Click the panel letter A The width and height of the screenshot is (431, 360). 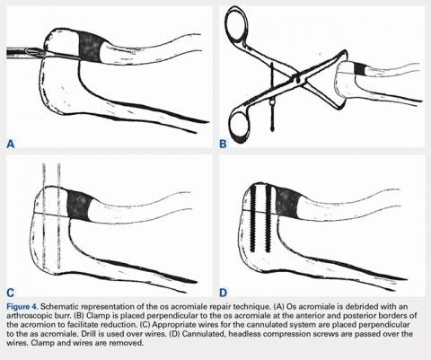point(11,144)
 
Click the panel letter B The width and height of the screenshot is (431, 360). point(223,144)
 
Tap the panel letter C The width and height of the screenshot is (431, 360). point(11,292)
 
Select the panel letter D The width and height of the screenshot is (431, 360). point(224,292)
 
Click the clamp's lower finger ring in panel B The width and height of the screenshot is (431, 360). point(241,127)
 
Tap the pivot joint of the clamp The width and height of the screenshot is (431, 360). point(297,79)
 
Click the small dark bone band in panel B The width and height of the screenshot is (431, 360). point(359,69)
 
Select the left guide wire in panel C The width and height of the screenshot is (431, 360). point(44,215)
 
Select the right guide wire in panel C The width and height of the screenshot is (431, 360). point(58,215)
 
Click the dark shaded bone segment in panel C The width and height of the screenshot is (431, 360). point(80,206)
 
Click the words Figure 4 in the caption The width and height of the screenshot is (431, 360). point(22,306)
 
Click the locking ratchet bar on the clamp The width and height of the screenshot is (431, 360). point(272,96)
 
